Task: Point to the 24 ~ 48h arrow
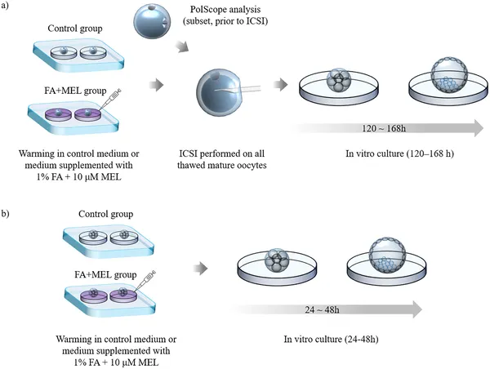pyautogui.click(x=327, y=309)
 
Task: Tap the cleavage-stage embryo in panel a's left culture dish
pyautogui.click(x=337, y=81)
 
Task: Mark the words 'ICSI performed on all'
pyautogui.click(x=221, y=153)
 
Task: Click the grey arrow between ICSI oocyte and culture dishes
pyautogui.click(x=279, y=83)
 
